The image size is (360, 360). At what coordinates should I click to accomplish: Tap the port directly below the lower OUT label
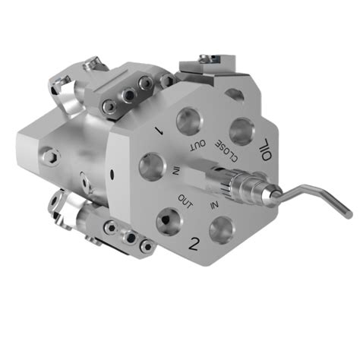166,221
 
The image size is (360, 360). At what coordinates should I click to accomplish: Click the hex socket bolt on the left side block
50,156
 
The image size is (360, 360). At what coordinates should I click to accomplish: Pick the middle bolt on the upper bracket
130,93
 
